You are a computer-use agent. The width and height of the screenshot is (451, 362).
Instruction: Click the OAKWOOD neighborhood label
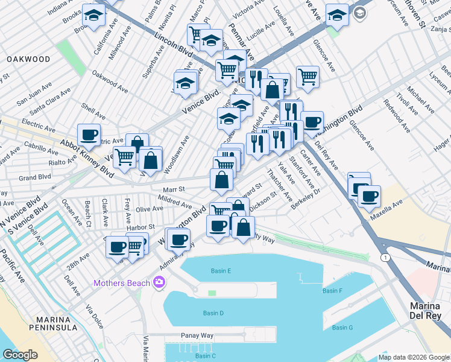28,59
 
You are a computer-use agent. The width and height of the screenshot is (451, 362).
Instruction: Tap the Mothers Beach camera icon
159,282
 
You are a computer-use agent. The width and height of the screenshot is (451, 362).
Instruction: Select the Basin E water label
221,271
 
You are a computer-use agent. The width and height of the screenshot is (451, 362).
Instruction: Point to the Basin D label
213,313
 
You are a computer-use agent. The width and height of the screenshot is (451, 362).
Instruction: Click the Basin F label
332,291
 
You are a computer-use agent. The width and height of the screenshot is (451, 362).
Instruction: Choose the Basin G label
342,328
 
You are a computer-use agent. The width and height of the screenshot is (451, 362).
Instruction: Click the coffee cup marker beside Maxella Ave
368,195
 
